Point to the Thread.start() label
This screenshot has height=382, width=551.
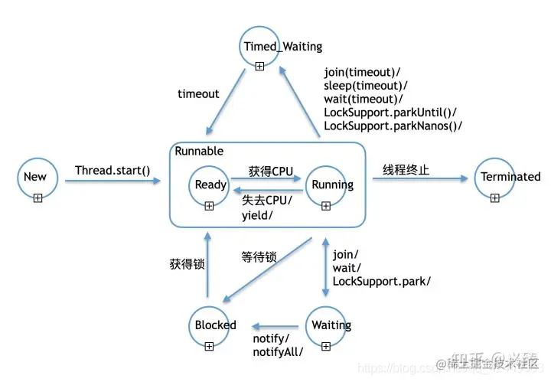click(113, 170)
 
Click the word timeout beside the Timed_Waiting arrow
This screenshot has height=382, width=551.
click(198, 93)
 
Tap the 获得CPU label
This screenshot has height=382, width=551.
click(270, 171)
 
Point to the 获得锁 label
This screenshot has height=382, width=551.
click(187, 264)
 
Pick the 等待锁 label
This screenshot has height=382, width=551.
click(258, 258)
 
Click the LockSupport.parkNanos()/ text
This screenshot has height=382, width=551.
click(393, 126)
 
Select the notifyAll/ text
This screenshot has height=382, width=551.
click(278, 351)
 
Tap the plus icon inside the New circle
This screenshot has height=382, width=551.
click(37, 198)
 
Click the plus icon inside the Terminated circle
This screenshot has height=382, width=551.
click(495, 198)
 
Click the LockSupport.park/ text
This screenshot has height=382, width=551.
click(381, 281)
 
